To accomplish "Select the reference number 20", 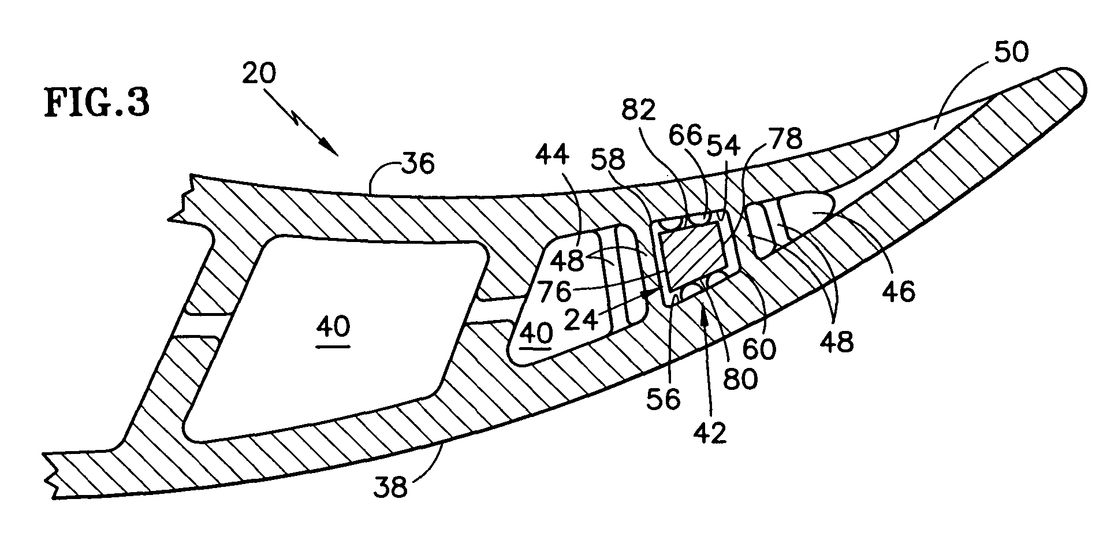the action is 259,73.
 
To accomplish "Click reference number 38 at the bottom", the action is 391,488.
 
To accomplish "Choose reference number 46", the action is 899,292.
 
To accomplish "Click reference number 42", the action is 710,433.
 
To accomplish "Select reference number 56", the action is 664,397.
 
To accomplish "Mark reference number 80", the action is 741,379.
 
